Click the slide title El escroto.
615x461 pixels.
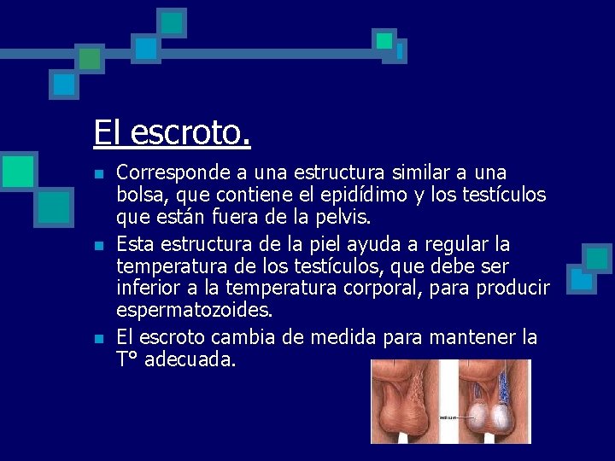tap(172, 133)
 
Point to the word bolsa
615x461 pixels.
tap(138, 195)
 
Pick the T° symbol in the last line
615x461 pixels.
tap(128, 359)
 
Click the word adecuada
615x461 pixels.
tap(190, 359)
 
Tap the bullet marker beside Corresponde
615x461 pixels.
tap(99, 175)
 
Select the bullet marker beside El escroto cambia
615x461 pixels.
tap(99, 338)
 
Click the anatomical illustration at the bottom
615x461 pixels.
tap(450, 400)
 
